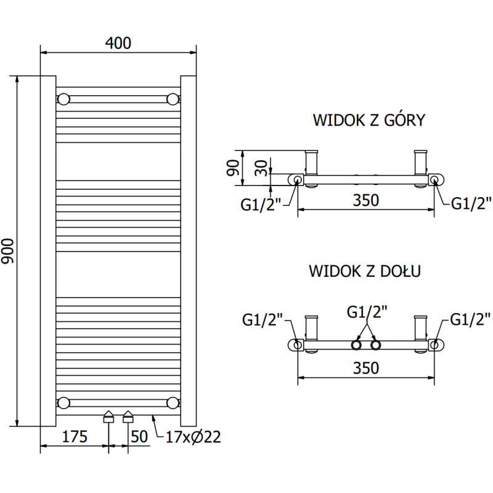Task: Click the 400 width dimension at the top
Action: point(118,43)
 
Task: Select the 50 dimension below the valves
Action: point(140,437)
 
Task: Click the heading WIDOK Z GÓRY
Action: point(369,120)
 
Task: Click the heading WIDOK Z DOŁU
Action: point(365,271)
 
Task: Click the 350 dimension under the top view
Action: point(365,201)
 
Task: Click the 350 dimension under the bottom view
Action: point(365,367)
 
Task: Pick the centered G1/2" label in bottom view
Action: point(367,312)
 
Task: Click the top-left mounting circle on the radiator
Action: point(63,99)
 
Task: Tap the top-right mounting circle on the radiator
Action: point(173,99)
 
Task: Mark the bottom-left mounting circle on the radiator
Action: point(63,403)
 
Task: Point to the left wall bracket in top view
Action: point(312,164)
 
